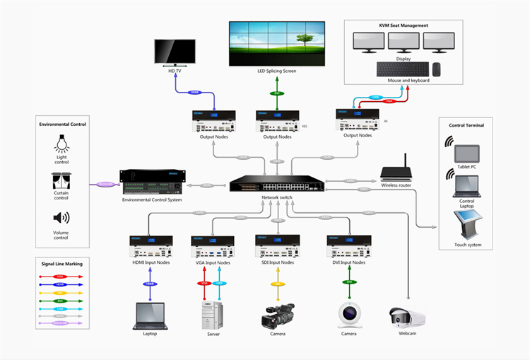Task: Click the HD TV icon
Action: coord(176,52)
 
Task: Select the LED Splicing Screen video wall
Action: coord(276,43)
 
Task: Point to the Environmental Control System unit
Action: coord(151,182)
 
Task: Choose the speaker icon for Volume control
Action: coord(61,218)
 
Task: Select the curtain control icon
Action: coord(61,180)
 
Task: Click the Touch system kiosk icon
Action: coord(466,225)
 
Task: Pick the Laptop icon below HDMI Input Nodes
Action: coord(149,315)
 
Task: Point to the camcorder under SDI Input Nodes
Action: coord(278,315)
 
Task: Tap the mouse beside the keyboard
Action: coord(436,69)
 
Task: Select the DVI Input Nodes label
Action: coord(348,262)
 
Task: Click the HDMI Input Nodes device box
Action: coord(152,247)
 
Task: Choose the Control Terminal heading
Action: coord(466,125)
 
